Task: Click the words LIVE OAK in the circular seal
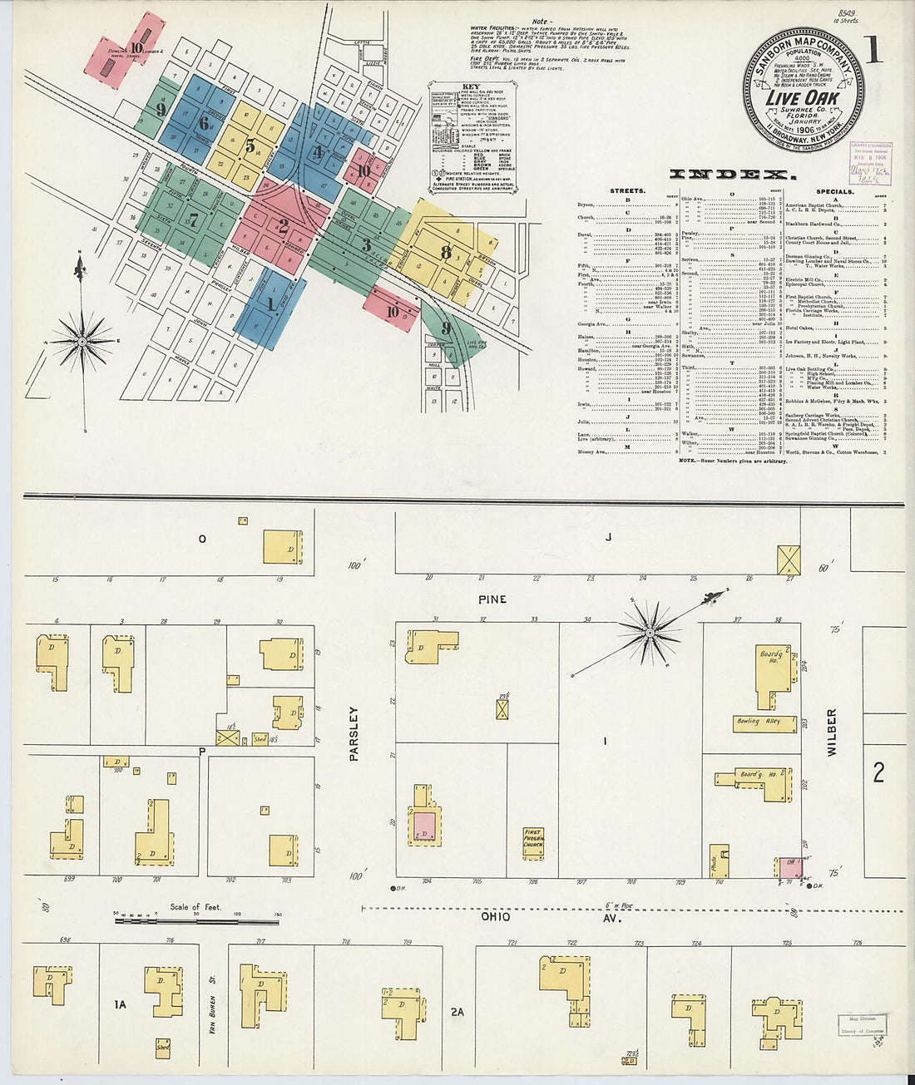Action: (802, 97)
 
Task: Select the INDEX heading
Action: (732, 175)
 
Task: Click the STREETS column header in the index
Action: (627, 191)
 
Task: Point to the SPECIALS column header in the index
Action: (834, 191)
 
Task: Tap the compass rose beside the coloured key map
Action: (82, 341)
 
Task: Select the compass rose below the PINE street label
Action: (649, 634)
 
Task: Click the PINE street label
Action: (492, 599)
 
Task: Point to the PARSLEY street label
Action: (354, 734)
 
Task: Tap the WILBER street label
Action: (832, 732)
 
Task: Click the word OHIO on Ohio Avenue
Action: (495, 917)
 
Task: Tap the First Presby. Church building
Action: (532, 842)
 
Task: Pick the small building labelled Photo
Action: (718, 862)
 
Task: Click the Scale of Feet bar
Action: (196, 920)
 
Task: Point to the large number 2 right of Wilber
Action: (878, 773)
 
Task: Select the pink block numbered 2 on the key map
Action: (283, 224)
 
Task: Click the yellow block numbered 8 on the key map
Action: (446, 251)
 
